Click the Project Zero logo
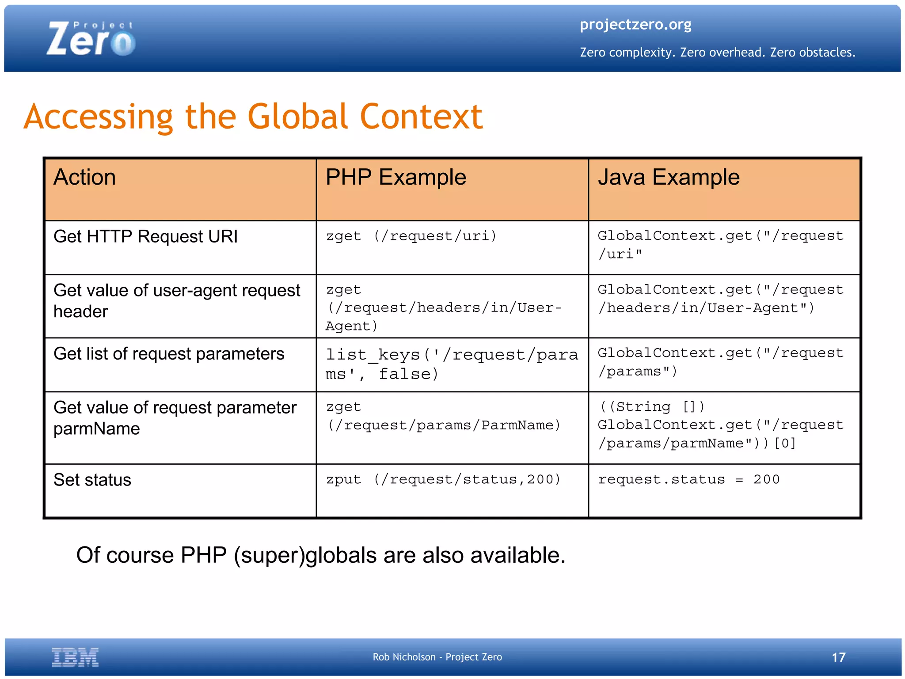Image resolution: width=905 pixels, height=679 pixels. [91, 39]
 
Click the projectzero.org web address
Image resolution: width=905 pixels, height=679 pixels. [635, 25]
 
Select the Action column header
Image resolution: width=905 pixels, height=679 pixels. [85, 178]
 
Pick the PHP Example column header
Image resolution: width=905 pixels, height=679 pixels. [395, 178]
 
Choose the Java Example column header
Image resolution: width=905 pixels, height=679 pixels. [668, 178]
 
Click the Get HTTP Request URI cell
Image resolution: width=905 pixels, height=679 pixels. [145, 237]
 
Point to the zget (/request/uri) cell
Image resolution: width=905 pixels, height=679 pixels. [411, 236]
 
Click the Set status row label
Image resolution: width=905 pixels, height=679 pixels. [92, 480]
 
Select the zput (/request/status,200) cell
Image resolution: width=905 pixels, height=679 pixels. [443, 480]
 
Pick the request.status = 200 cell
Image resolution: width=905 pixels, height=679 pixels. [688, 480]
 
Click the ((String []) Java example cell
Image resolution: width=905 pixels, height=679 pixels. [720, 425]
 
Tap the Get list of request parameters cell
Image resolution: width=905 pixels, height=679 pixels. [169, 354]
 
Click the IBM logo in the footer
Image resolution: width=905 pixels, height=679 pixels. [75, 657]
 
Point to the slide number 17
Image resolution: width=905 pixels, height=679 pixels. [838, 657]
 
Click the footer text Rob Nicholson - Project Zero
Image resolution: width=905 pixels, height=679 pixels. [437, 657]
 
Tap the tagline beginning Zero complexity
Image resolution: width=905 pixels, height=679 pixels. [717, 53]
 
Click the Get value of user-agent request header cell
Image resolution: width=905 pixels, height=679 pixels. [177, 301]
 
